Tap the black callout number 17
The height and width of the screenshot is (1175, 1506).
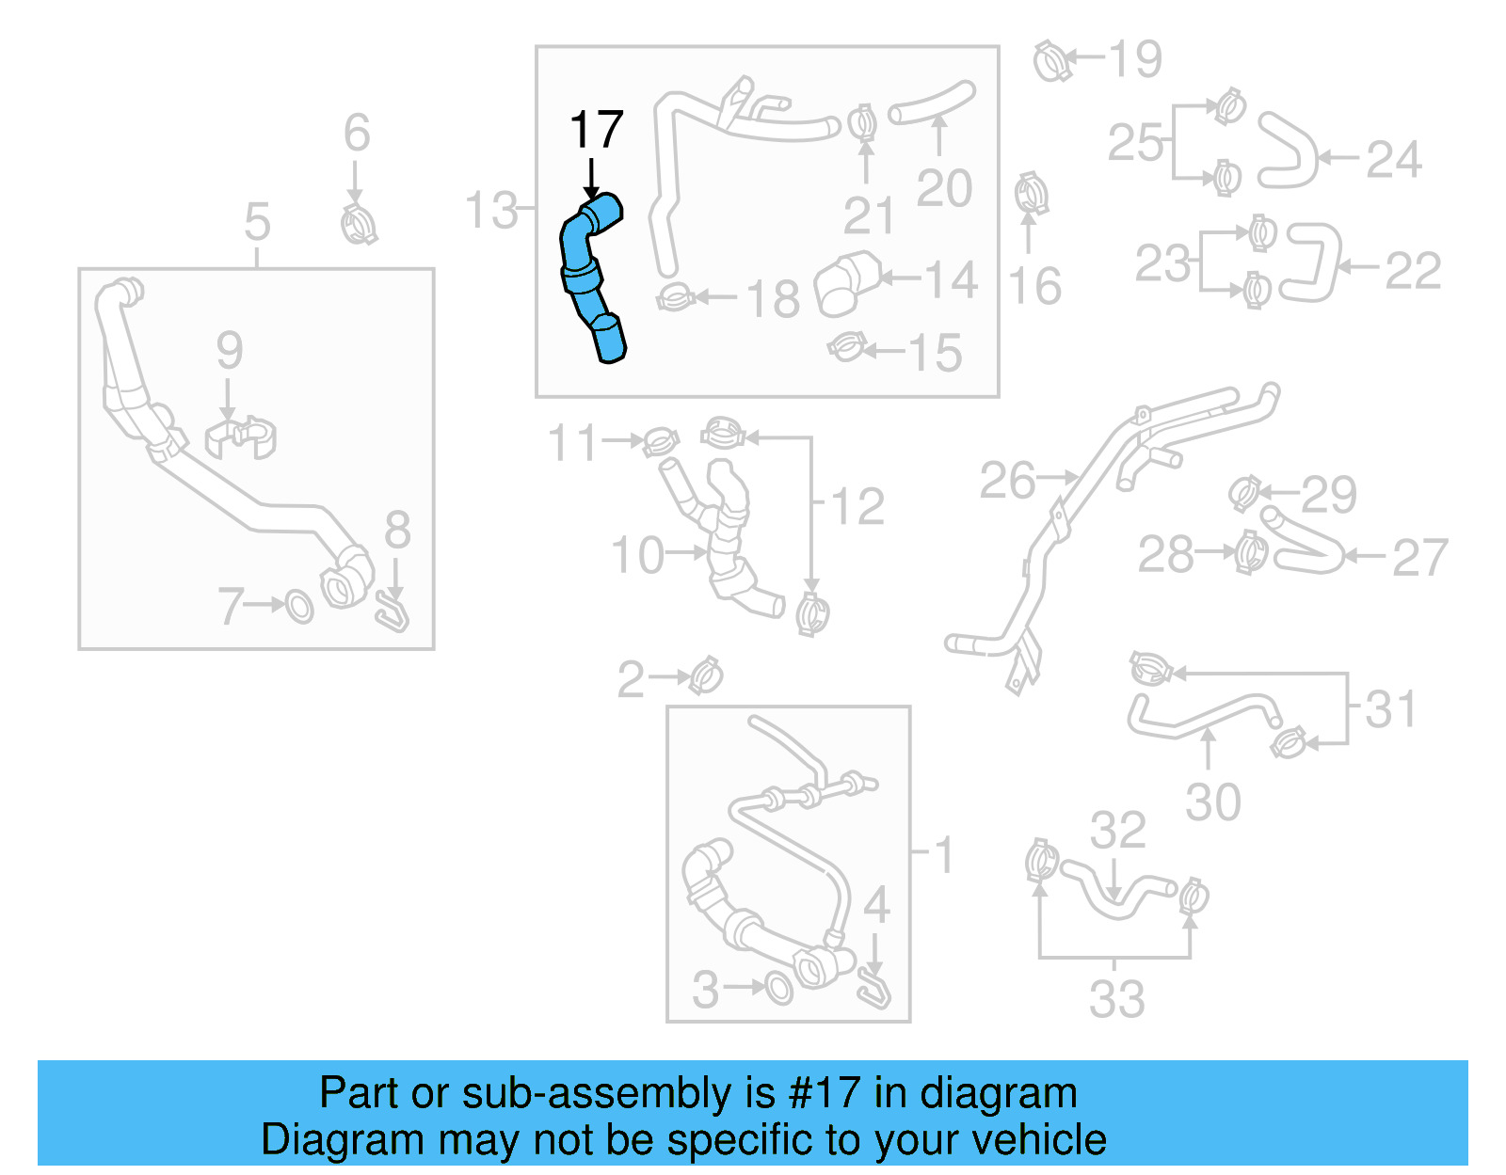(596, 130)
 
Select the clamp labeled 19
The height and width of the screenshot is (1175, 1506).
(1052, 61)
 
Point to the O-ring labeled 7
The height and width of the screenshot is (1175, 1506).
(299, 607)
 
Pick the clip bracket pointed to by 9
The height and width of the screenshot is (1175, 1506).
(241, 437)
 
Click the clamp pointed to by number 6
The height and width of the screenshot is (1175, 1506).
(358, 225)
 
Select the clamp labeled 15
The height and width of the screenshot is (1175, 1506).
(847, 348)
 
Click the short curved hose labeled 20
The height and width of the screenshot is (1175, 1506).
(932, 101)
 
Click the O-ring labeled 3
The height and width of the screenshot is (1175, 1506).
(778, 988)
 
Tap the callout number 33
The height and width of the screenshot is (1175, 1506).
(1116, 999)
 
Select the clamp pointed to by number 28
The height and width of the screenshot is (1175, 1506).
(1251, 552)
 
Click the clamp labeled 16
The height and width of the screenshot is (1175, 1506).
(1031, 194)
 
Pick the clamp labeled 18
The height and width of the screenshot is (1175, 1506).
(675, 299)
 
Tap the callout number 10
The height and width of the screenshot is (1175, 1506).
(637, 555)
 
